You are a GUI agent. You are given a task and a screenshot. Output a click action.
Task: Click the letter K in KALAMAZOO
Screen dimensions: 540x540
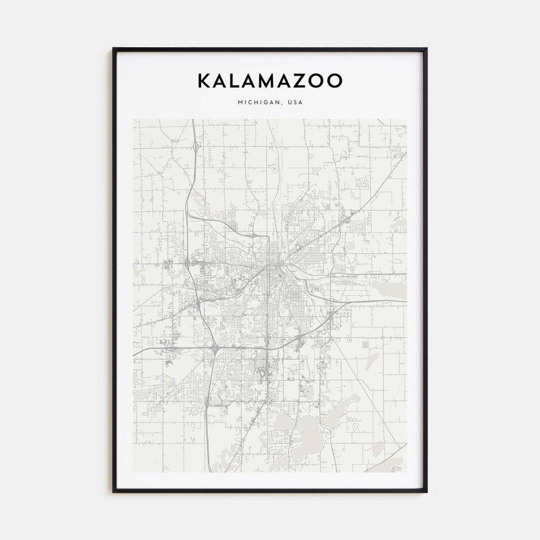pyautogui.click(x=204, y=80)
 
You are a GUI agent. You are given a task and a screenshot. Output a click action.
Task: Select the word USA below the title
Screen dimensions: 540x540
pyautogui.click(x=295, y=103)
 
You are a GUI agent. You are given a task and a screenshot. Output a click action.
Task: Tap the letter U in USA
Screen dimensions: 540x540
pyautogui.click(x=290, y=103)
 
